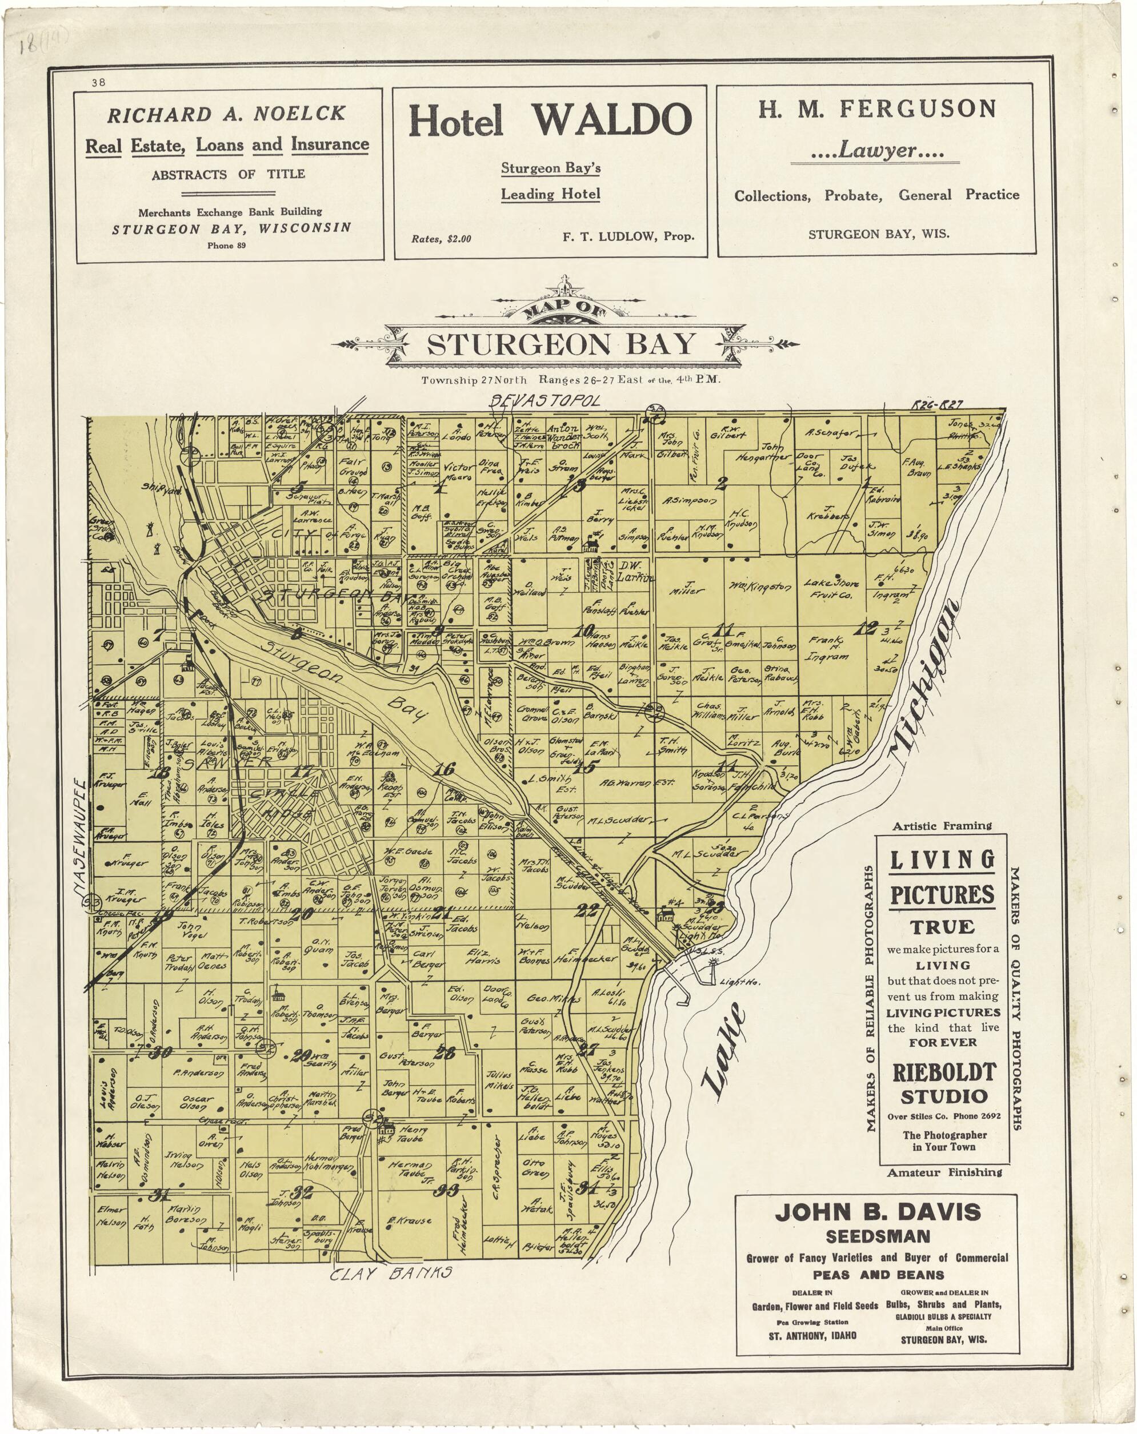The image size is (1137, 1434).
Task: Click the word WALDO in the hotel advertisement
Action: (611, 120)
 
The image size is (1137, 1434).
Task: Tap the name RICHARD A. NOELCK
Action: (226, 114)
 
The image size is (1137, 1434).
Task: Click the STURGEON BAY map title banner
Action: (561, 344)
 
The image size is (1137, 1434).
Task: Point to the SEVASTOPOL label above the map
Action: (545, 400)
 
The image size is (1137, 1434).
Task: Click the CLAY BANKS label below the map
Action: (392, 1273)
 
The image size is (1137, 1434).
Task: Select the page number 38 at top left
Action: (98, 82)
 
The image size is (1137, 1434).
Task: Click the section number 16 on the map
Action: (444, 770)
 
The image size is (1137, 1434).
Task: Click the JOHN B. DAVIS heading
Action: (877, 1212)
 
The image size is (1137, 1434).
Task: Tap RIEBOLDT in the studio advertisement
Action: (943, 1072)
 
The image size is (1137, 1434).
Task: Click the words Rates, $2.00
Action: (441, 239)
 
